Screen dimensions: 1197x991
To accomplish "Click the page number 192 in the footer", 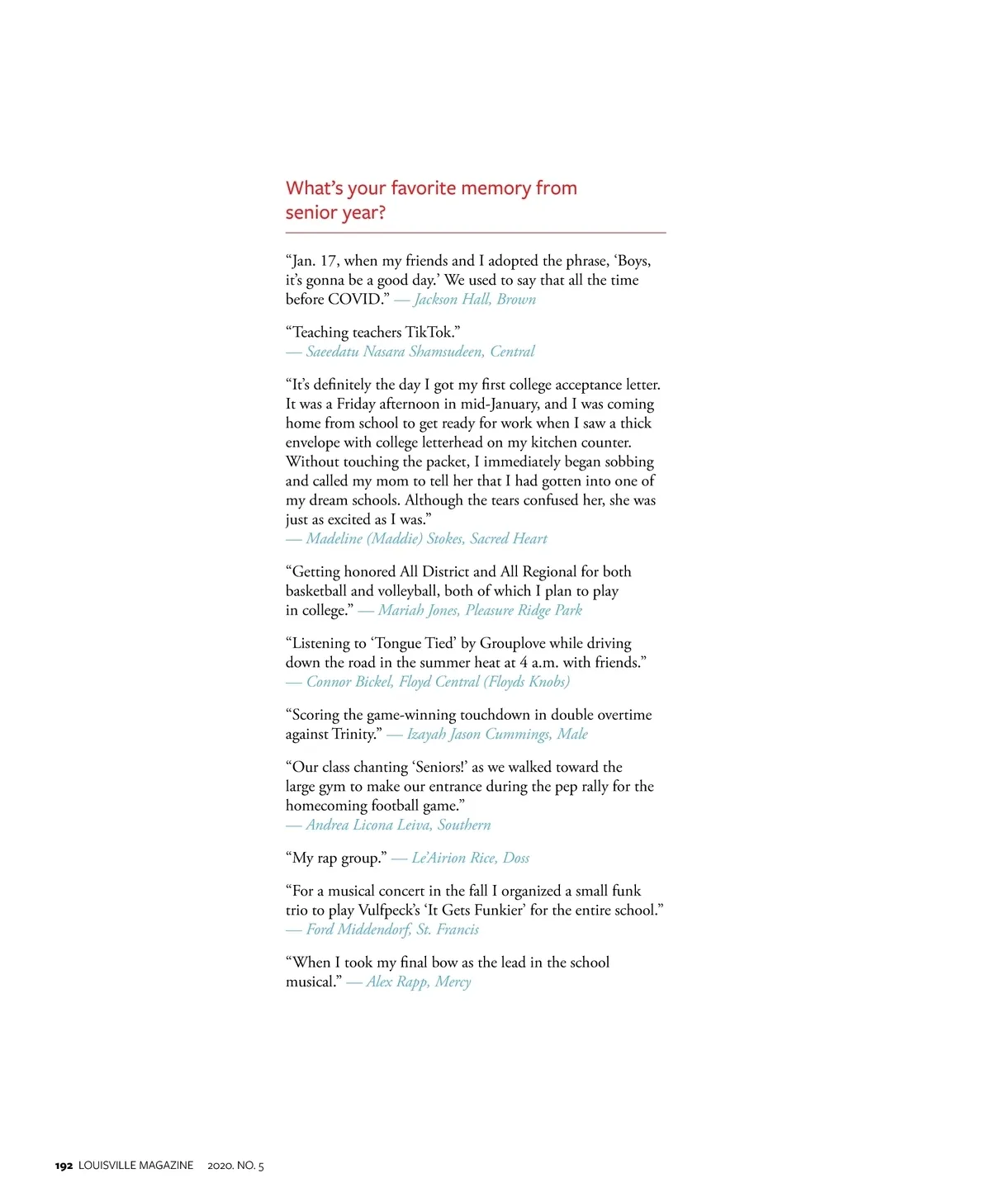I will click(x=64, y=1166).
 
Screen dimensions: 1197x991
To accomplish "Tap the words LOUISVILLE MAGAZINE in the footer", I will click(x=135, y=1166).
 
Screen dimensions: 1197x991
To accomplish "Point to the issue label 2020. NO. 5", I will click(x=235, y=1166).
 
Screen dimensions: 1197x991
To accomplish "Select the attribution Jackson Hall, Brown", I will click(x=474, y=300).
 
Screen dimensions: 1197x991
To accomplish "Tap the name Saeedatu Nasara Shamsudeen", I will click(x=394, y=352).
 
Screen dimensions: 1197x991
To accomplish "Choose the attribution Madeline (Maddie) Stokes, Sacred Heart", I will click(x=426, y=539).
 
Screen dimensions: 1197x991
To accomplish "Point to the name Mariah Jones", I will click(x=418, y=611).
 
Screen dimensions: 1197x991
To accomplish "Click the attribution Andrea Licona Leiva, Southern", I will click(x=398, y=826).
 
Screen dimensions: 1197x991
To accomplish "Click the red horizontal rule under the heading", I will click(x=475, y=233).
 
